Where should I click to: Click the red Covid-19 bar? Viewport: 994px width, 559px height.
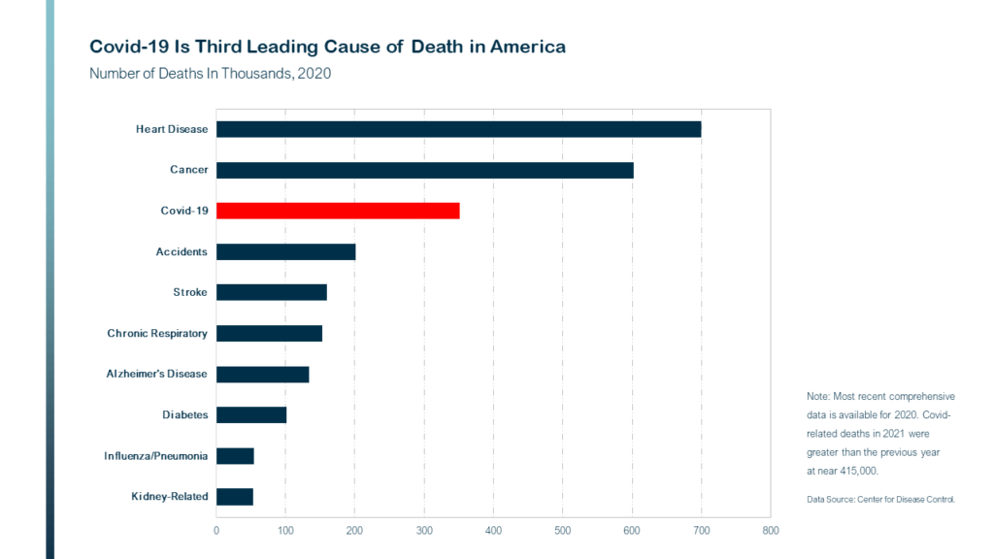pos(338,211)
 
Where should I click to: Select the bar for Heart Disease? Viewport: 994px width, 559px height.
pos(459,129)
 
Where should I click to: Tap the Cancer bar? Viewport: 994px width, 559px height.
pos(425,170)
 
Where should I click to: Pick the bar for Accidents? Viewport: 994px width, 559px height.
pos(286,251)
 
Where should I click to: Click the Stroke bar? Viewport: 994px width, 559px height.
pos(272,292)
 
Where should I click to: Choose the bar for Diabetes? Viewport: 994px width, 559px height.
pos(251,415)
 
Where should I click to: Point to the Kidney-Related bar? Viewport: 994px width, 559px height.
pos(235,497)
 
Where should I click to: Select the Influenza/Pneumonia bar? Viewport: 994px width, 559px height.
pos(235,456)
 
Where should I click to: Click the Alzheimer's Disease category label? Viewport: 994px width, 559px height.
pos(156,374)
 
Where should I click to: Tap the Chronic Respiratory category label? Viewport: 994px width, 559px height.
pos(157,334)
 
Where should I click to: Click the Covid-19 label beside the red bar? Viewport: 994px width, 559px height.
pos(183,211)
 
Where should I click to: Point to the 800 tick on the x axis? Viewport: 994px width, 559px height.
pos(770,531)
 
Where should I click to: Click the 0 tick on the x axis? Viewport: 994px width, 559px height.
pos(216,531)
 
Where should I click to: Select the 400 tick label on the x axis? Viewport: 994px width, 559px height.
pos(493,531)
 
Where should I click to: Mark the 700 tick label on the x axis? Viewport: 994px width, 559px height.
pos(701,531)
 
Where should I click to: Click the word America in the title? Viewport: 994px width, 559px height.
pos(527,47)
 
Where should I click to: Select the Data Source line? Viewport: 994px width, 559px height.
pos(880,500)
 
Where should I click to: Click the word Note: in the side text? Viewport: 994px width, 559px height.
pos(817,396)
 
